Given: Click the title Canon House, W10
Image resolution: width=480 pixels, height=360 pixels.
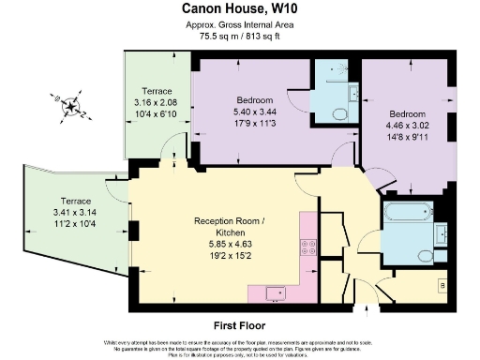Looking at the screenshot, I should (239, 8).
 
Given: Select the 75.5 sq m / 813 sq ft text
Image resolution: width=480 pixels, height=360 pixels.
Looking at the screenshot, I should (239, 37).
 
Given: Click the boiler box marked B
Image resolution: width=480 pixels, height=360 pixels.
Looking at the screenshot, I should (443, 283).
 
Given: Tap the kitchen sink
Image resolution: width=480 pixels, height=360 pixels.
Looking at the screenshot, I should (276, 293).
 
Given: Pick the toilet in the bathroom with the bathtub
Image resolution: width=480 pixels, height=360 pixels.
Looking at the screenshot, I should (424, 255).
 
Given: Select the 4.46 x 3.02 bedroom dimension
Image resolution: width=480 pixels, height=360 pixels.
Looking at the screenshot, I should (405, 124).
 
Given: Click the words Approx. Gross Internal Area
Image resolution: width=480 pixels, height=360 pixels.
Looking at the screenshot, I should (239, 24).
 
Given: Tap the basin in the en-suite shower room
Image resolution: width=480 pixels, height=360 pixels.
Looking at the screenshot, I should (353, 92).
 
